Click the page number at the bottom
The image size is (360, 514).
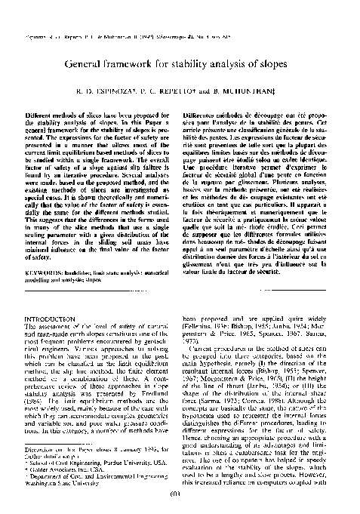(180, 496)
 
